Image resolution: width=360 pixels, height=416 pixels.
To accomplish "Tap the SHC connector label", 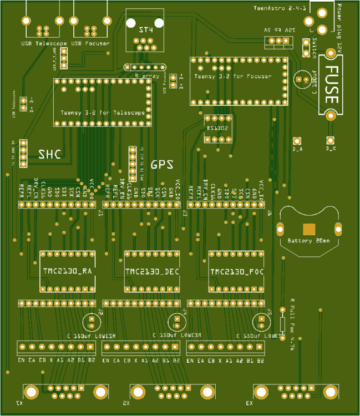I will pyautogui.click(x=49, y=154).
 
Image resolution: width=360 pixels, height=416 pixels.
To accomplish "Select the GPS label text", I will pyautogui.click(x=161, y=164).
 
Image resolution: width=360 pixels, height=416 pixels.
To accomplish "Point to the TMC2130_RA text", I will pyautogui.click(x=67, y=272).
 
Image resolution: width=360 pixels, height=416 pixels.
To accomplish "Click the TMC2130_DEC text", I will pyautogui.click(x=151, y=272).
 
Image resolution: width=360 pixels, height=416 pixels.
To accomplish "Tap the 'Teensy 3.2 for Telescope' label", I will pyautogui.click(x=102, y=113).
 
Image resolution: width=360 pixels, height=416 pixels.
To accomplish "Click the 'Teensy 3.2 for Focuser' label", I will pyautogui.click(x=232, y=76).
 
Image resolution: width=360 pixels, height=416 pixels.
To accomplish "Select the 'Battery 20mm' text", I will pyautogui.click(x=308, y=241).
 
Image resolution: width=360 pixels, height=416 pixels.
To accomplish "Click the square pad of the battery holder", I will pyautogui.click(x=308, y=229).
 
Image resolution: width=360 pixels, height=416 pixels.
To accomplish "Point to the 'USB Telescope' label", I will pyautogui.click(x=44, y=43).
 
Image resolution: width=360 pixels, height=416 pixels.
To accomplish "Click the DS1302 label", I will pyautogui.click(x=217, y=128).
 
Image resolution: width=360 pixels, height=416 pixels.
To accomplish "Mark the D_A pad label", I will pyautogui.click(x=297, y=149).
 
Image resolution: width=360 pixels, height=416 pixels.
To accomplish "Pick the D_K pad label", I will pyautogui.click(x=331, y=149).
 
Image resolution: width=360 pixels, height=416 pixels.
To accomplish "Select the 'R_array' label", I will pyautogui.click(x=147, y=75).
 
